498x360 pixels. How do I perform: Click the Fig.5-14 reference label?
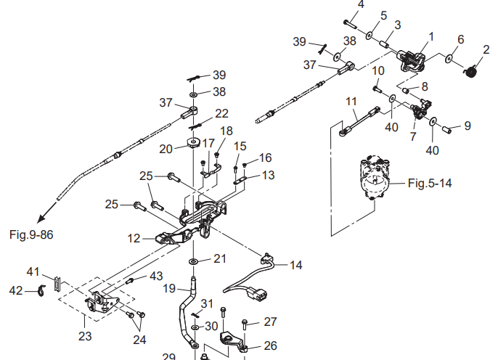[430, 183]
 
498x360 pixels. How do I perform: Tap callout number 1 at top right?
[430, 36]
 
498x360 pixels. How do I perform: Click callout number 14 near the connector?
[296, 266]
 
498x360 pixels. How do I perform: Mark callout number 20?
[166, 149]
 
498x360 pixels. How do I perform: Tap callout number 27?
[270, 322]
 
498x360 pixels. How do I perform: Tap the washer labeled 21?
[195, 261]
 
